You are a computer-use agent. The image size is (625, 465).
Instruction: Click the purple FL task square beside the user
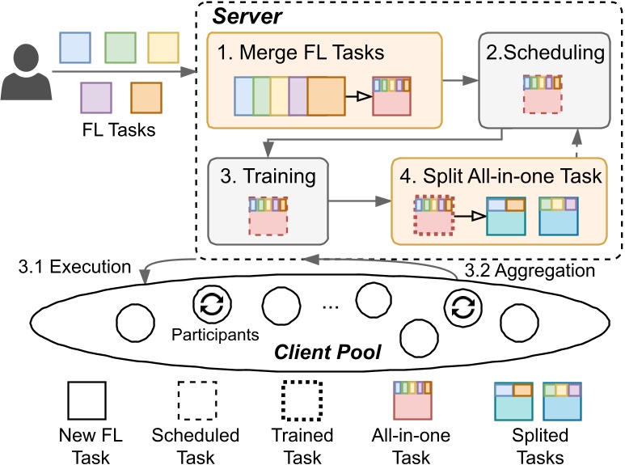pyautogui.click(x=95, y=97)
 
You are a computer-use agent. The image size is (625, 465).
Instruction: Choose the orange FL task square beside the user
pyautogui.click(x=145, y=97)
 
